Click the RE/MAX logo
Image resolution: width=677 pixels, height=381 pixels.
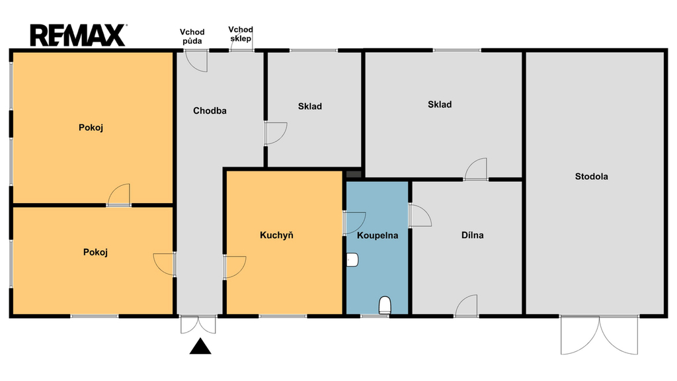(78, 36)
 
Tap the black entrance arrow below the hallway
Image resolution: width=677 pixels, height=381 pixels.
(200, 347)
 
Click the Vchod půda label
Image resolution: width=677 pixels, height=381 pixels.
(192, 36)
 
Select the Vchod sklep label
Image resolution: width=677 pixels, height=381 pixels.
(241, 34)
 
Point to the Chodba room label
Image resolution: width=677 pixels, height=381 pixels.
(210, 110)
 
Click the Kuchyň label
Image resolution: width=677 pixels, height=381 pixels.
(276, 235)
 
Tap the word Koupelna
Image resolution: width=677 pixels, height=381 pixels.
(378, 235)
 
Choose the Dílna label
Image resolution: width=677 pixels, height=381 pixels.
(472, 235)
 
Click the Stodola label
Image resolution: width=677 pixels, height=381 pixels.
(592, 176)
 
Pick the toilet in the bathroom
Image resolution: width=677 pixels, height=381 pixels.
(385, 305)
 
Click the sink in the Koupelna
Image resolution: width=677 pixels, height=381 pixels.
(352, 259)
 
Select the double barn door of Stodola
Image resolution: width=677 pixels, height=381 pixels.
(599, 335)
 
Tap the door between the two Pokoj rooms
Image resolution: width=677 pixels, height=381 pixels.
(119, 195)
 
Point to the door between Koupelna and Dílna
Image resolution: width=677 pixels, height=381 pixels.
(420, 215)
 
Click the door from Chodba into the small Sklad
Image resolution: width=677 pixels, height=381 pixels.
(276, 134)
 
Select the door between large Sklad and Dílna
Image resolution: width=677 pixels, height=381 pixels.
(476, 169)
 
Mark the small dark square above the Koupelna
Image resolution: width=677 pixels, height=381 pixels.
(354, 174)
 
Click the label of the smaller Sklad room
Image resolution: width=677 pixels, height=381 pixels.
(310, 106)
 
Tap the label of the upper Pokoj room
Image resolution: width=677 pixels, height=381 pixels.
(91, 128)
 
